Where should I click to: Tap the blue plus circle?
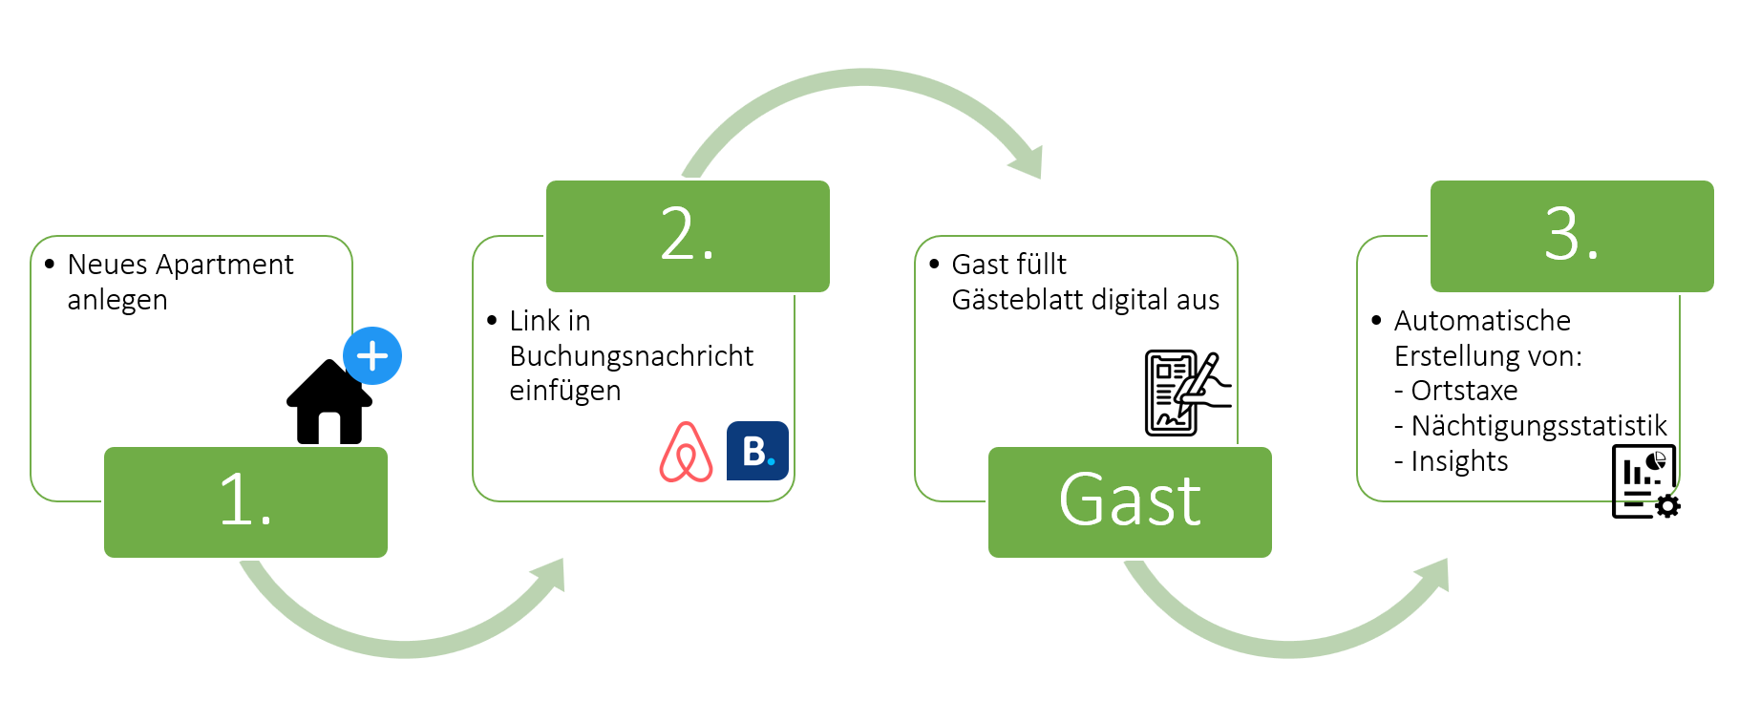tap(372, 356)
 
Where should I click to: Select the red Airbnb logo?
tap(686, 452)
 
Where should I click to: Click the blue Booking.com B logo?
tap(757, 451)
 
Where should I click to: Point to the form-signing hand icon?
tap(1187, 393)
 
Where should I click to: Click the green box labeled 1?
tap(245, 501)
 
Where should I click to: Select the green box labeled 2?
tap(688, 236)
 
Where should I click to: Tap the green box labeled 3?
tap(1572, 236)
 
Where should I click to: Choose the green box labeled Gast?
tap(1130, 501)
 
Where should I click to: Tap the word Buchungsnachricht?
tap(631, 356)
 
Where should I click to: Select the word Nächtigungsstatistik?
tap(1538, 426)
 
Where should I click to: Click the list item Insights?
tap(1459, 461)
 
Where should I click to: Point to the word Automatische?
tap(1482, 321)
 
